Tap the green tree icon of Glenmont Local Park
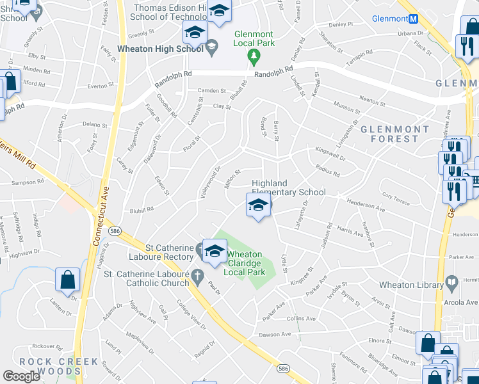coord(254,57)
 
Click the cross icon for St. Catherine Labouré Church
coord(199,277)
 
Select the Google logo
coord(22,376)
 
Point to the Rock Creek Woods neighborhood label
coord(58,366)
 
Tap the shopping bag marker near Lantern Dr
coord(67,280)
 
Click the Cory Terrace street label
coord(394,197)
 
